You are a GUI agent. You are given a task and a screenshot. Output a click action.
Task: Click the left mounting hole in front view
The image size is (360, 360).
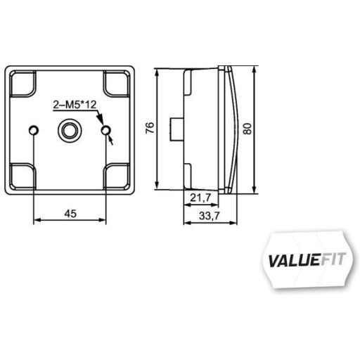click(x=34, y=131)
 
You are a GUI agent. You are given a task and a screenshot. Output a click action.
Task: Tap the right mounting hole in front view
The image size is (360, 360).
click(x=106, y=131)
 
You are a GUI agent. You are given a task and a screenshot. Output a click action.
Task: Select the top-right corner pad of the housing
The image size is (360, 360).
click(x=117, y=84)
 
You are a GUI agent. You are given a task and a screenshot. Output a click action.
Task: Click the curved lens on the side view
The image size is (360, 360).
click(x=232, y=130)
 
